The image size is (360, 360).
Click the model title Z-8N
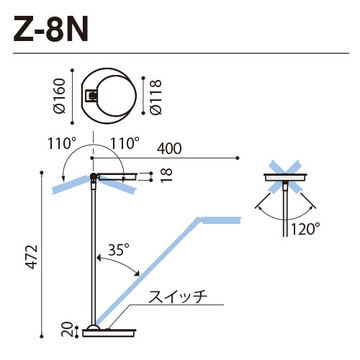click(x=50, y=29)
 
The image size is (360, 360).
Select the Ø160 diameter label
click(x=59, y=96)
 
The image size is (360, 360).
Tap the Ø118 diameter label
click(x=156, y=97)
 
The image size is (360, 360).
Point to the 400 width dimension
click(x=169, y=148)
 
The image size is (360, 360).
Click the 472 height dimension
click(x=32, y=256)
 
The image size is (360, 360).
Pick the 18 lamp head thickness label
click(x=166, y=176)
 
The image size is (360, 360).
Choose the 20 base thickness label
click(x=68, y=330)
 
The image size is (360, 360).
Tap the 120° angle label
click(x=305, y=229)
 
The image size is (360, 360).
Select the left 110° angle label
click(x=62, y=143)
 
